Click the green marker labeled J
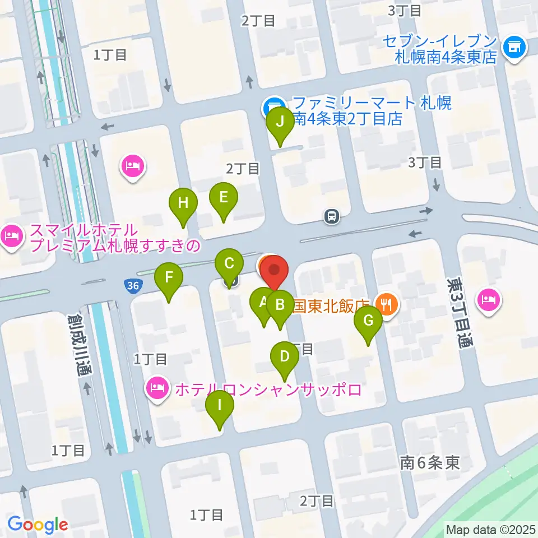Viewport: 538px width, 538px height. pos(280,122)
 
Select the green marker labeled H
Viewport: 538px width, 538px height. pos(183,203)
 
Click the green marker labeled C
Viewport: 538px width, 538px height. pos(229,263)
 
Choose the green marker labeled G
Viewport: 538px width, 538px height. pos(368,322)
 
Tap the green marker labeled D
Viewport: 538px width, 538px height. pos(285,357)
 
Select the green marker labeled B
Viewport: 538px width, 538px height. pos(280,306)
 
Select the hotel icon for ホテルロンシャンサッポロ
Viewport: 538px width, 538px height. pos(157,388)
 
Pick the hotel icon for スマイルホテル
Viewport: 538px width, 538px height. pos(11,237)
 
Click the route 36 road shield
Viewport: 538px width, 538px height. pos(133,286)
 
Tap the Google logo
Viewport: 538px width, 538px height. pos(38,525)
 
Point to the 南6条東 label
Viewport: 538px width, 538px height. pos(430,462)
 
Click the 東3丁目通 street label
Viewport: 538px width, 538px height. pos(458,312)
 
